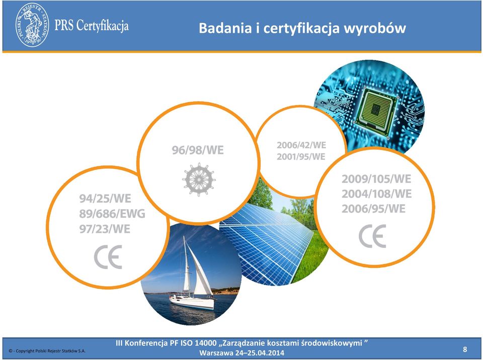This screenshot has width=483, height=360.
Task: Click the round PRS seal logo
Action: click(x=32, y=25)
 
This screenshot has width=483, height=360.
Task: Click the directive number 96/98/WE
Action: click(x=198, y=150)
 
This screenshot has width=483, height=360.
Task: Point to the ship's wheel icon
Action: click(x=199, y=179)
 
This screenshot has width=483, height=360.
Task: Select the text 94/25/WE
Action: click(x=105, y=199)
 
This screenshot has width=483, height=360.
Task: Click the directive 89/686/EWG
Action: click(x=112, y=214)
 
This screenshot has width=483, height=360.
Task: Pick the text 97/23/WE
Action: click(x=105, y=229)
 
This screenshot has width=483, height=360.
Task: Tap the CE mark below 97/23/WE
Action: click(x=108, y=257)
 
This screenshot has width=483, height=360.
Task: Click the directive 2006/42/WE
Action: click(x=301, y=145)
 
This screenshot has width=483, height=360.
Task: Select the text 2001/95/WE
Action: click(x=301, y=157)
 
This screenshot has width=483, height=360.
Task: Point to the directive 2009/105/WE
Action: click(x=376, y=179)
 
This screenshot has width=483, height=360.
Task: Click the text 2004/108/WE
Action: click(x=377, y=194)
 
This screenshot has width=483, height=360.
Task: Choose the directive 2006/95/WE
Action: click(x=374, y=209)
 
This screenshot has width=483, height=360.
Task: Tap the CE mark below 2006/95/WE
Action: click(x=372, y=236)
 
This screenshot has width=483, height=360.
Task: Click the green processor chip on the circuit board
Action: click(x=376, y=110)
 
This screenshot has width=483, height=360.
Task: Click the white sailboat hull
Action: click(x=192, y=302)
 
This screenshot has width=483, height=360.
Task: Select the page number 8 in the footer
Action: click(x=465, y=349)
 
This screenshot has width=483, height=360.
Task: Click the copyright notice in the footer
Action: click(x=47, y=351)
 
